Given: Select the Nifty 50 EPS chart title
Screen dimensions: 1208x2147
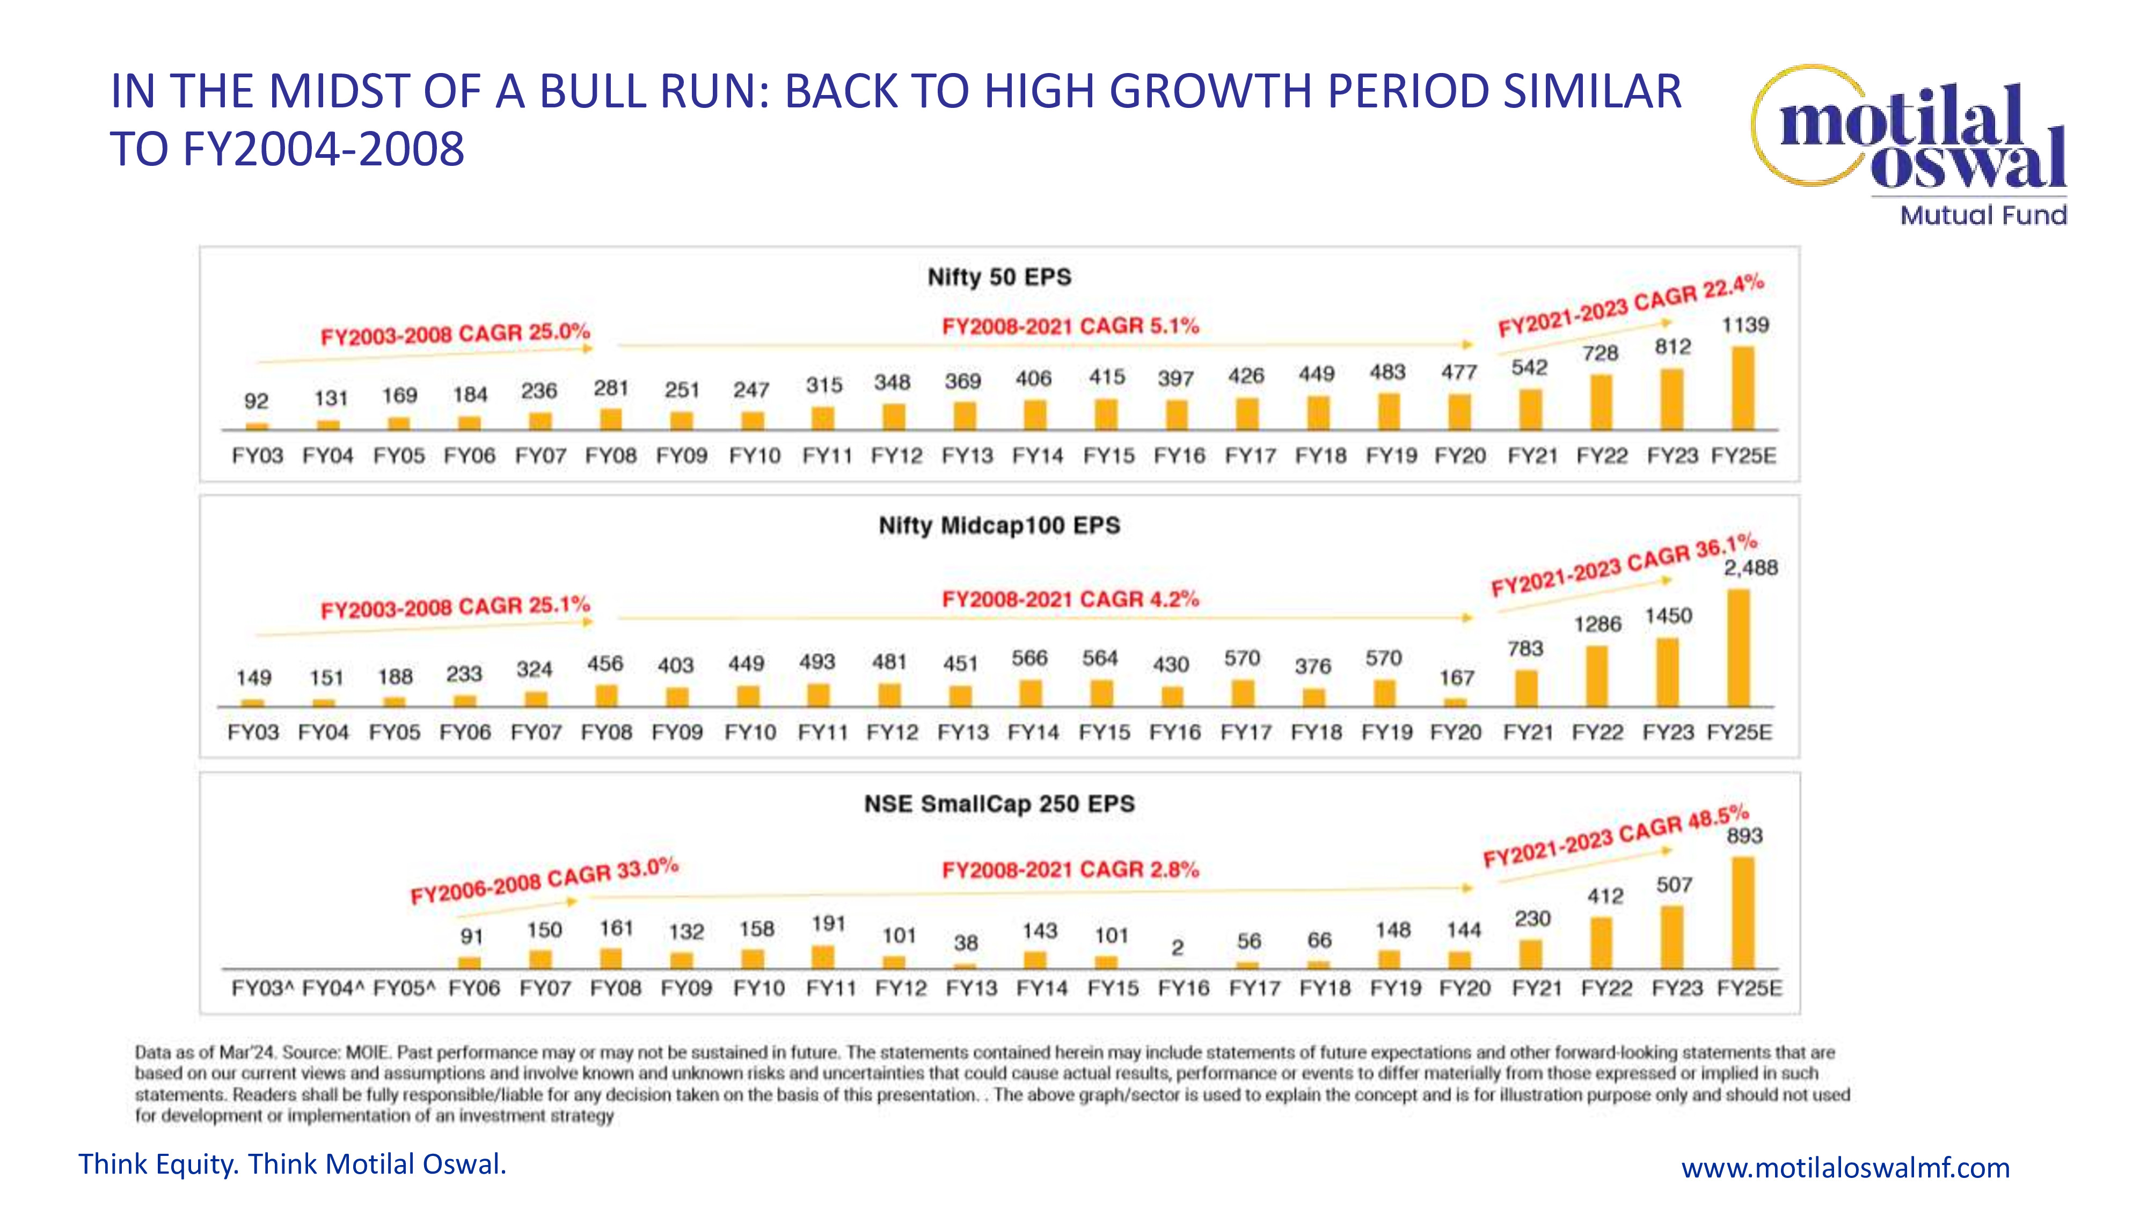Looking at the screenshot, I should pos(999,277).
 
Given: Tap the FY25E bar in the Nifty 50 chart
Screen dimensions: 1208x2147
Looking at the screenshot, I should pos(1743,389).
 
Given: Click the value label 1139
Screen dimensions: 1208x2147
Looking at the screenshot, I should pos(1746,325).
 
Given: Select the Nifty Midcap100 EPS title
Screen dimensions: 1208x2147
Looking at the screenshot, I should pos(999,525).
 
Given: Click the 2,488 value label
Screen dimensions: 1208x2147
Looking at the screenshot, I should pos(1750,567).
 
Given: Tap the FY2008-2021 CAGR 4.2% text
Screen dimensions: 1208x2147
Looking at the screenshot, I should pos(1070,599).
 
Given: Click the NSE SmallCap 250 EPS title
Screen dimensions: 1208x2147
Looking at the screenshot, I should pos(999,804).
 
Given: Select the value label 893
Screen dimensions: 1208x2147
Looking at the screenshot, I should pos(1744,835).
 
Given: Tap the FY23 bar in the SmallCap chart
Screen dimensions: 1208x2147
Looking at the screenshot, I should pos(1672,937).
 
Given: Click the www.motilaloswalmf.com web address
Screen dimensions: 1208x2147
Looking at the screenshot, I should pos(1845,1167).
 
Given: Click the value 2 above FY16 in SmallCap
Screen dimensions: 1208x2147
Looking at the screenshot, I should pos(1177,948).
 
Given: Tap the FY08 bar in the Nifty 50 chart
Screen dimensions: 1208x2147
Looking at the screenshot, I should pos(611,419).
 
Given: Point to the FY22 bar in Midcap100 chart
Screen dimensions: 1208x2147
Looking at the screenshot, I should pos(1597,676).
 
